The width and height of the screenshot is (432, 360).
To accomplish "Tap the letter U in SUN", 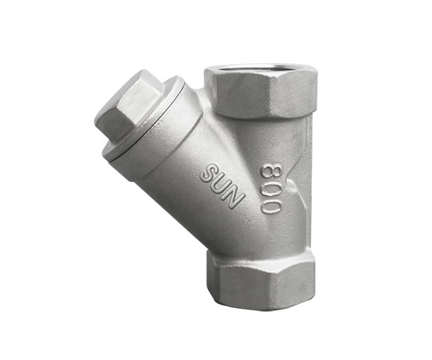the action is click(221, 185).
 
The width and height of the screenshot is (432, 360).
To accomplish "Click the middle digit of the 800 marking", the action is click(271, 189).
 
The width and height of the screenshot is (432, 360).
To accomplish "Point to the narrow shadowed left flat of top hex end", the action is click(209, 87).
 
